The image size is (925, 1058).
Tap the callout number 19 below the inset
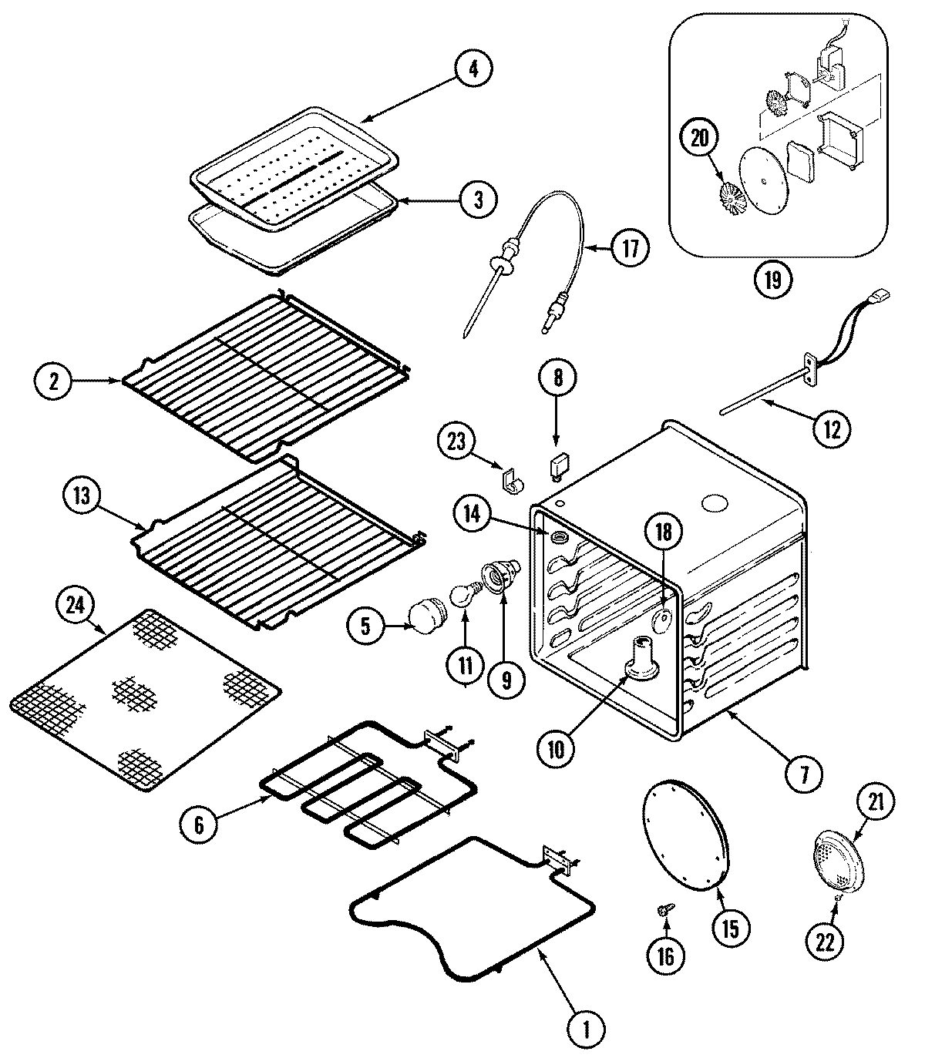tap(773, 280)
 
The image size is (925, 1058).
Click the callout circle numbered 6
tap(199, 825)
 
